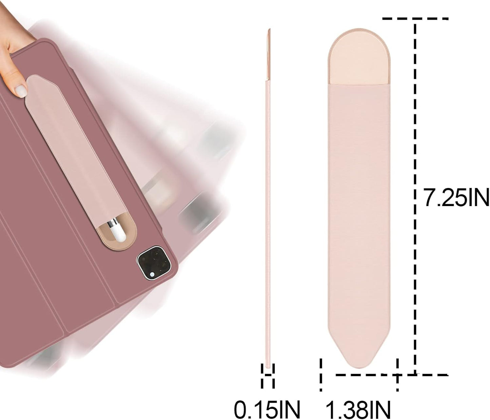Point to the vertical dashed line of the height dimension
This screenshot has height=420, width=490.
(x=415, y=197)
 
